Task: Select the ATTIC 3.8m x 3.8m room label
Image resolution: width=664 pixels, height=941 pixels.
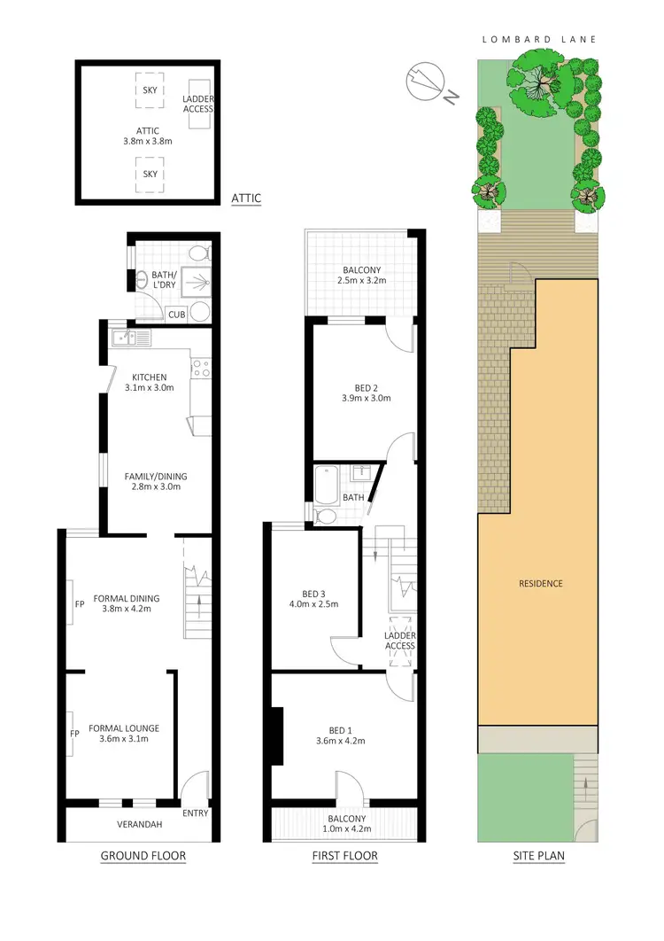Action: coord(148,136)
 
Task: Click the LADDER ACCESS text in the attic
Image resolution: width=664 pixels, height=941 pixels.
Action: coord(198,103)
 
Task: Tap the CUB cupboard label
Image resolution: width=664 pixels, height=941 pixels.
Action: coord(176,314)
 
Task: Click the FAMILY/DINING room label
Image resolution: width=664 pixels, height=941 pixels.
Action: coord(156,481)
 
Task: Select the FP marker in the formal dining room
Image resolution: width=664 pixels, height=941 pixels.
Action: coord(80,606)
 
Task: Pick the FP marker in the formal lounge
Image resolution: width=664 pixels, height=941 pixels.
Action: coord(75,735)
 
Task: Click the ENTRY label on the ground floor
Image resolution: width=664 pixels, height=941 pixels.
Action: coord(194,813)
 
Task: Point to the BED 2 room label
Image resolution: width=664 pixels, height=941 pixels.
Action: coord(360,392)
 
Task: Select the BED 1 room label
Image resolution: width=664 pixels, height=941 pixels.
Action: coord(340,734)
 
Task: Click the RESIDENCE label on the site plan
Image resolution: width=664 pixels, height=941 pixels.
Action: coord(541,583)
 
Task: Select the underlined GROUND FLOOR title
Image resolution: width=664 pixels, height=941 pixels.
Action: coord(143,856)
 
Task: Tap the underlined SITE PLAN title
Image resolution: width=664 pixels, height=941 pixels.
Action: coord(540,856)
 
